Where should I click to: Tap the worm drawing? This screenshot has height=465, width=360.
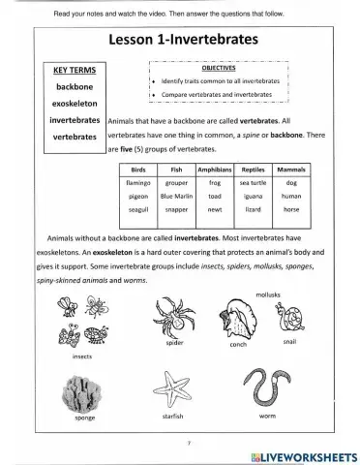267,388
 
